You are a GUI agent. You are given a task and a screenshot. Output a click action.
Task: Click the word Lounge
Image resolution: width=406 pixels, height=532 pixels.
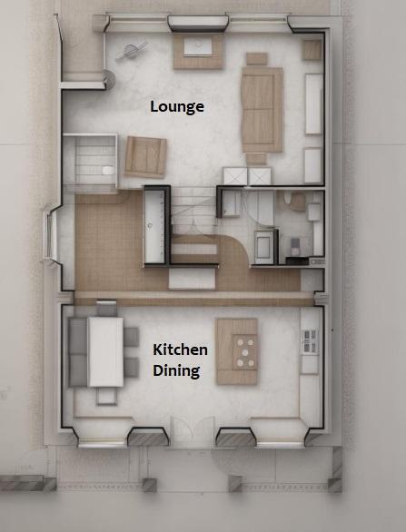coord(177,107)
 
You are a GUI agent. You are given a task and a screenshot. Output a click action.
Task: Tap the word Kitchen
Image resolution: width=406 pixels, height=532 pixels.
coord(180,350)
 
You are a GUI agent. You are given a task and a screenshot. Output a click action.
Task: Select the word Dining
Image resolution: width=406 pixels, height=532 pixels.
coord(176,370)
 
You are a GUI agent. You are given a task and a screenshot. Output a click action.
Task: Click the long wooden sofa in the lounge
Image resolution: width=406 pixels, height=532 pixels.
coord(262,110)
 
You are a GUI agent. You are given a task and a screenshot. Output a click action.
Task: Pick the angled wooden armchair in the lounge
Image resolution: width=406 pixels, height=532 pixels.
coord(145,157)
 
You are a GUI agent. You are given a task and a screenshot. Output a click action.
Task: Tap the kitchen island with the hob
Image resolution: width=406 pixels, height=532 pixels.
coord(237,351)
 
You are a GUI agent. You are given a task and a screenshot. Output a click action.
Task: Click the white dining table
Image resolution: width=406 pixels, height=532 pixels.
coord(105,352)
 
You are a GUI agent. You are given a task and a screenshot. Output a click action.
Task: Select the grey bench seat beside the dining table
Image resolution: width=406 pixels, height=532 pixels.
coord(78,352)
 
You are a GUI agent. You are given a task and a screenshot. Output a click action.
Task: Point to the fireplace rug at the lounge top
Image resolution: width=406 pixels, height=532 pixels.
coord(199,52)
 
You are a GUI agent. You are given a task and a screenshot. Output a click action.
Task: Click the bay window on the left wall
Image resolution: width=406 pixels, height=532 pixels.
coord(50,235)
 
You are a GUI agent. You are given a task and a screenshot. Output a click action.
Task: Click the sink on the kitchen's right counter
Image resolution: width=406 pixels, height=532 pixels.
coord(310,341)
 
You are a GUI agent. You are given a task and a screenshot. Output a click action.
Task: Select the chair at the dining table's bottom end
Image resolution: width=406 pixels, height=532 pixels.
coord(106,396)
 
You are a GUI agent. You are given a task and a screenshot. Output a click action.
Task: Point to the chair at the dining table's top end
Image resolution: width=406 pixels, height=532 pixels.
coord(106,308)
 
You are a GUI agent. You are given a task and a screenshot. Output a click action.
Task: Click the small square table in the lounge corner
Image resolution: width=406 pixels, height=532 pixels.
coord(312,50)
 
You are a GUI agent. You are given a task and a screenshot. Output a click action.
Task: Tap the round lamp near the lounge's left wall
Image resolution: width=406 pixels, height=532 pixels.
coord(109,79)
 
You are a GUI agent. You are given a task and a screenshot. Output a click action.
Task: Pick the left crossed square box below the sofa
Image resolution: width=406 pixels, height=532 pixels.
coord(235,176)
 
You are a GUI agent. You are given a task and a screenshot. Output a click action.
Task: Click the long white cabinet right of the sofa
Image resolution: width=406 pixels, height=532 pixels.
coord(313,104)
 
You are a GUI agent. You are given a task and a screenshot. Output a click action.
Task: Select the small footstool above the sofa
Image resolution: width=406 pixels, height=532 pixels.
coord(257,59)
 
